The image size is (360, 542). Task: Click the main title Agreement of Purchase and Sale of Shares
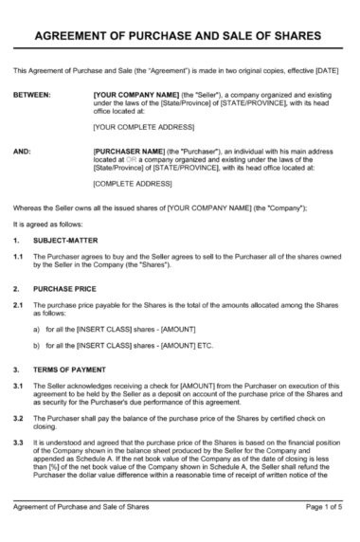pyautogui.click(x=179, y=36)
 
